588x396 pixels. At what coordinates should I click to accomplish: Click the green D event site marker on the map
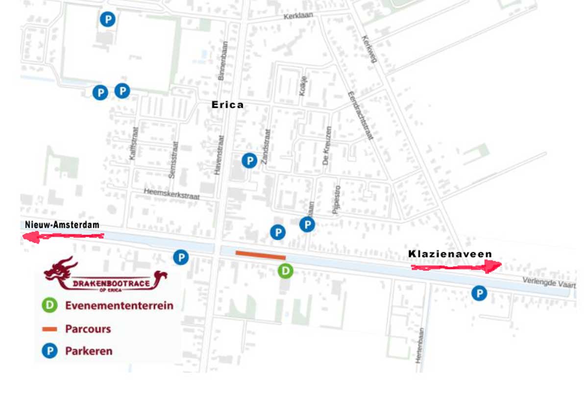(x=285, y=271)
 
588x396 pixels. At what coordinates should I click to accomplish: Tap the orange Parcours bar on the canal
(x=260, y=255)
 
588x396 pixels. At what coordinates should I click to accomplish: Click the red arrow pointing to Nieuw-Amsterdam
(x=64, y=237)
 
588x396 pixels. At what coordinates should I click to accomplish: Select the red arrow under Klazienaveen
(x=456, y=267)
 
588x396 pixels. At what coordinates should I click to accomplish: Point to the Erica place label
(x=227, y=105)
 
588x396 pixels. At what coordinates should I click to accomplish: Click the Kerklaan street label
(x=298, y=16)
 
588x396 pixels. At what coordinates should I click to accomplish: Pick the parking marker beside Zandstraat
(x=249, y=160)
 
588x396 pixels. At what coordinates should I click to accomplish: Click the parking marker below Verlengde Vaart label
(x=479, y=294)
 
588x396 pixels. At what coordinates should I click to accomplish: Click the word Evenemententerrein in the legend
(x=119, y=306)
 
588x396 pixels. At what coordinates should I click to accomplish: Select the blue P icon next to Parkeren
(x=49, y=351)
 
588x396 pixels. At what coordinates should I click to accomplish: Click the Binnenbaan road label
(x=223, y=61)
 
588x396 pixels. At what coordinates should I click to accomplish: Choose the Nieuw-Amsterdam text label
(x=62, y=225)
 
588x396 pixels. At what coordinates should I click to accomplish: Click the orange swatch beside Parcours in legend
(x=49, y=329)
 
